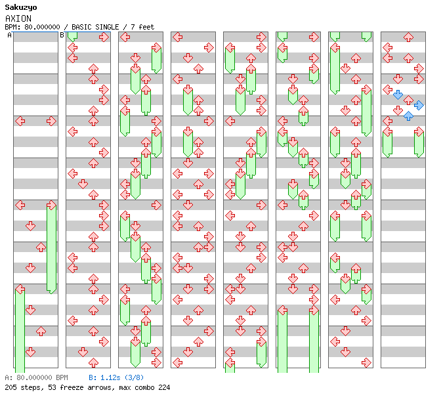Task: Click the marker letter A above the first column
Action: pos(9,35)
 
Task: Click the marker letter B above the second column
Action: pos(62,35)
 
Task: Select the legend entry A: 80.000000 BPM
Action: pos(36,378)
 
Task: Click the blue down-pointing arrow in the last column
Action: pos(398,95)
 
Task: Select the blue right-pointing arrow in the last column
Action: pos(419,105)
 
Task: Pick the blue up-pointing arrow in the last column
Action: pos(408,116)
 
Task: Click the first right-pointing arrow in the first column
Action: pos(51,121)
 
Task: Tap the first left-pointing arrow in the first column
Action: pos(20,121)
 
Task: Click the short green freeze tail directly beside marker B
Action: pos(72,37)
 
